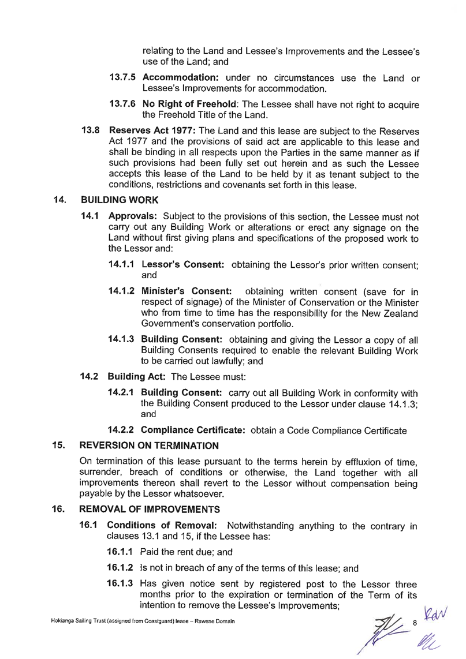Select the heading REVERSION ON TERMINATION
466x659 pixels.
coord(144,445)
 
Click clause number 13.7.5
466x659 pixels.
coord(123,78)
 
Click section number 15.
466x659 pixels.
coord(57,445)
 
